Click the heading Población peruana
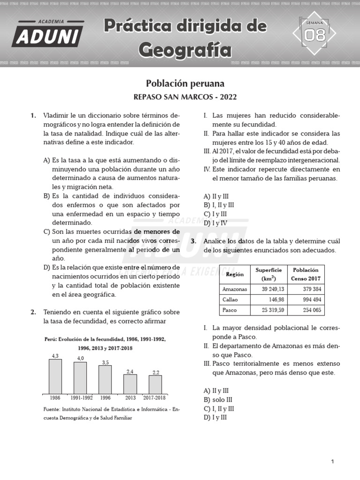[x=185, y=83]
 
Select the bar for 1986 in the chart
[x=55, y=376]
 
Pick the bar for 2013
[x=130, y=384]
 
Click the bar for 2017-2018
[x=156, y=384]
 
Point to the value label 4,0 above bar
[x=80, y=358]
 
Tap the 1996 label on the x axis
[x=105, y=398]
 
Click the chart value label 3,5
[x=105, y=362]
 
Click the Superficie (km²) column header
[x=269, y=274]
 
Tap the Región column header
[x=235, y=274]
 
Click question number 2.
[x=33, y=312]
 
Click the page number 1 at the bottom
[x=332, y=462]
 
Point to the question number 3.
[x=193, y=241]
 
